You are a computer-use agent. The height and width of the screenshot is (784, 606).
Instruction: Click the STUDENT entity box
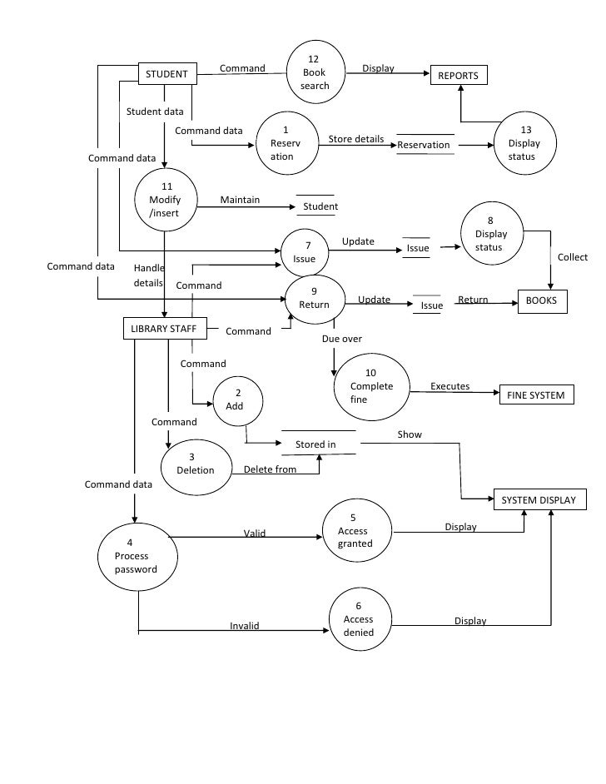click(x=167, y=74)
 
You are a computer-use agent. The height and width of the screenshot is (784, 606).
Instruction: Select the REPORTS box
click(x=458, y=75)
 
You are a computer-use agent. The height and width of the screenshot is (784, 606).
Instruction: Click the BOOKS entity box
click(x=542, y=301)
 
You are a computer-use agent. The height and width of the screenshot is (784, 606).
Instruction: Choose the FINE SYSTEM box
click(x=536, y=394)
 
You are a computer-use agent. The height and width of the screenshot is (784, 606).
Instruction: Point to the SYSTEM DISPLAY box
click(x=541, y=499)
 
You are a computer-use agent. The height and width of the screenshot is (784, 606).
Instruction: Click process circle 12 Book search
click(x=315, y=73)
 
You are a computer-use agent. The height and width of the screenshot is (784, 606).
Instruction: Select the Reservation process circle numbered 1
click(x=286, y=144)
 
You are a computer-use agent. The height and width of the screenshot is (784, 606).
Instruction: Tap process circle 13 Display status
click(x=524, y=144)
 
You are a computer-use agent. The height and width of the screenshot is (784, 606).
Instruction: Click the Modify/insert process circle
click(x=165, y=200)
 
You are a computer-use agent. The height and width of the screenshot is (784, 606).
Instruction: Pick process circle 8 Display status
click(x=489, y=234)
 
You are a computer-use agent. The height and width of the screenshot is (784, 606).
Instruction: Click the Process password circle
click(x=137, y=557)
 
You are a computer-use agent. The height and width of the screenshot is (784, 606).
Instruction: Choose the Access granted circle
click(x=356, y=531)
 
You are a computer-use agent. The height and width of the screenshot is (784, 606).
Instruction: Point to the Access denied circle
click(x=359, y=619)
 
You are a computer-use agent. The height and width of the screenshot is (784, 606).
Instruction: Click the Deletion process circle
click(x=195, y=464)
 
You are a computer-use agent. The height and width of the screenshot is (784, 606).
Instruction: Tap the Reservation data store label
click(x=424, y=145)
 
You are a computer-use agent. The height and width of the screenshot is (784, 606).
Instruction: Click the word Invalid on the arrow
click(x=245, y=626)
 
